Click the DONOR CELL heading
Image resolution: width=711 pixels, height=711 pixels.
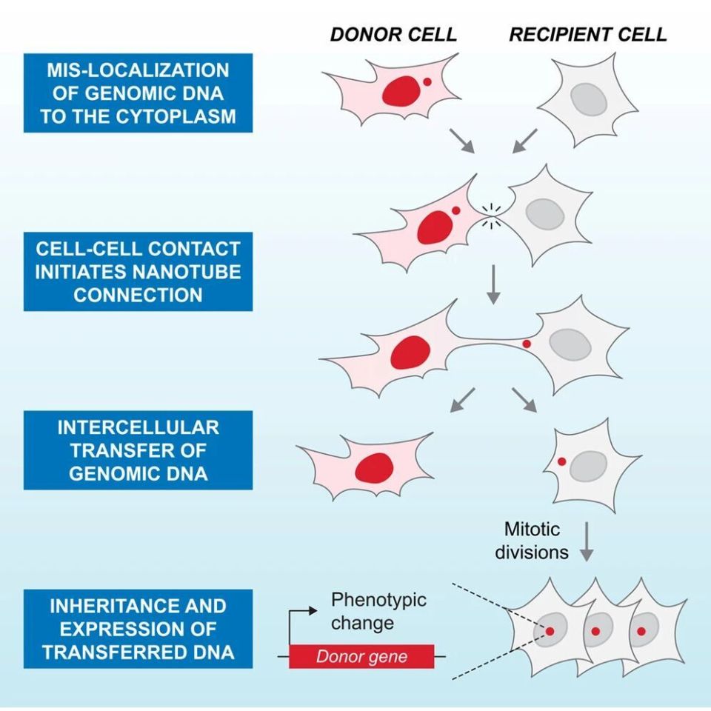click(393, 35)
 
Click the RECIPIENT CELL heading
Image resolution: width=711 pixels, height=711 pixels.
click(587, 35)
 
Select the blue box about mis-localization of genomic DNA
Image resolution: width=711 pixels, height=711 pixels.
click(138, 93)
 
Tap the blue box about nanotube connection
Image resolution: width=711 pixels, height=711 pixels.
click(138, 272)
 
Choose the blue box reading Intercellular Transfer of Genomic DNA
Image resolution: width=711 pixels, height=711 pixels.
click(138, 450)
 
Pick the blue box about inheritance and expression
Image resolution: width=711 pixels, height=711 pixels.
click(138, 629)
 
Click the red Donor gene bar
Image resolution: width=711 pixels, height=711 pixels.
click(361, 656)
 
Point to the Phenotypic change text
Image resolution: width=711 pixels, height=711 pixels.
click(378, 611)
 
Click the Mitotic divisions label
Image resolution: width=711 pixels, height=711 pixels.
click(532, 541)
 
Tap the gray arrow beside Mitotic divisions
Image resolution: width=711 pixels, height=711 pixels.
click(587, 541)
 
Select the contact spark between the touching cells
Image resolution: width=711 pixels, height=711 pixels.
click(491, 216)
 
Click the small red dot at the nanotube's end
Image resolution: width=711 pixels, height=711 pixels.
click(527, 344)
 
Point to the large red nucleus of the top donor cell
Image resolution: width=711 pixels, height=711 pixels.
click(401, 90)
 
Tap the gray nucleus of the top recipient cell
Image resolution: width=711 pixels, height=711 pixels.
click(589, 99)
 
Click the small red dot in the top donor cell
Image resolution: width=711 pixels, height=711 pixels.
click(427, 81)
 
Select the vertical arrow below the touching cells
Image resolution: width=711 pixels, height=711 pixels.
click(493, 284)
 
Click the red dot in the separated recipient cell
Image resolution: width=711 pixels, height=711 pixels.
click(562, 461)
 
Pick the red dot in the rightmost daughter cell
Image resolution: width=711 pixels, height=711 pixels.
click(641, 631)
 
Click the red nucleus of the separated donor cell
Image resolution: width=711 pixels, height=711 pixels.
click(374, 467)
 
